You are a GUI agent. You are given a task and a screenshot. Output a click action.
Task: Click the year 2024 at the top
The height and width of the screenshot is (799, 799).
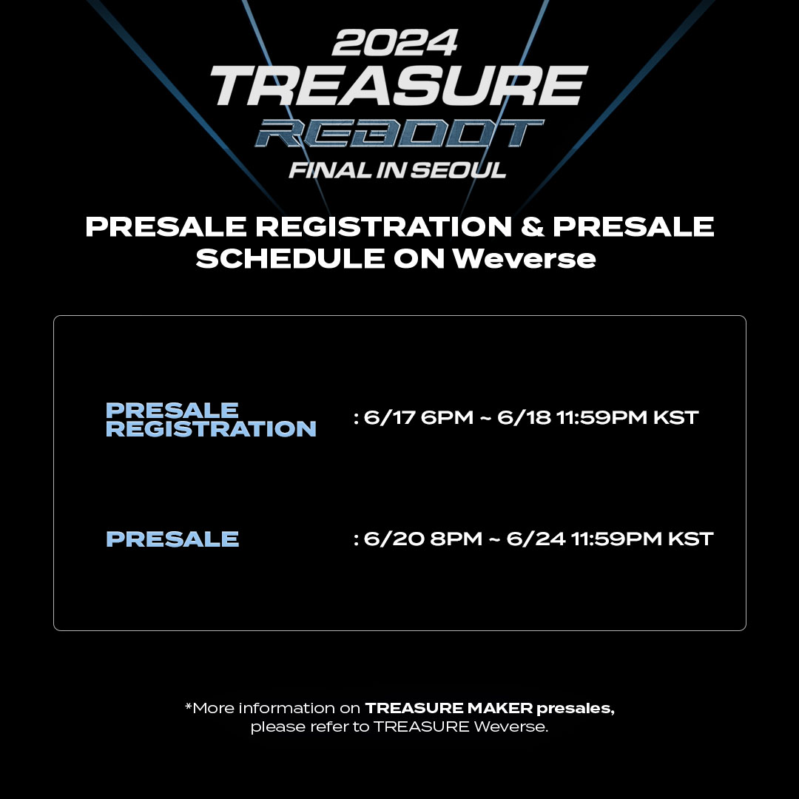click(x=395, y=42)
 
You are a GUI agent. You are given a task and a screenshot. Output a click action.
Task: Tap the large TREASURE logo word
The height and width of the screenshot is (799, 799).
click(x=399, y=86)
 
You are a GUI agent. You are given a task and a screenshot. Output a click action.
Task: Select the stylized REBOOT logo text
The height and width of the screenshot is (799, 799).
click(x=399, y=133)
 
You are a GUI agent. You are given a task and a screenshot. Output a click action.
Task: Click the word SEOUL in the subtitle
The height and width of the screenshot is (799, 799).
click(x=458, y=170)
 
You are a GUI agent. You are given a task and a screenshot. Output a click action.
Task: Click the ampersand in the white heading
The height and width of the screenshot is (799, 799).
click(x=532, y=227)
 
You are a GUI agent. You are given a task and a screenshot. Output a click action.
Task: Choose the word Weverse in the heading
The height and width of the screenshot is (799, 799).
click(x=525, y=258)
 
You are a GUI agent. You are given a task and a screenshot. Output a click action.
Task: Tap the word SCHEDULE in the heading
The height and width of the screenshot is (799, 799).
click(x=291, y=258)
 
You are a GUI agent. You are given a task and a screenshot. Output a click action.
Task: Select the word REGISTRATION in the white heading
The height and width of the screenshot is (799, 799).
click(x=384, y=227)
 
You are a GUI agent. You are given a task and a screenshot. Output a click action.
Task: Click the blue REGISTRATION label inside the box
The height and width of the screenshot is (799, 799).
click(x=211, y=428)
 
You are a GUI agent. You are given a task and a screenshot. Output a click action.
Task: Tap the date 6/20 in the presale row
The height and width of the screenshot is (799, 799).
click(x=394, y=539)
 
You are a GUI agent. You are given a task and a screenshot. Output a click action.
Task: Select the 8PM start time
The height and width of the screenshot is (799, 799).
click(x=456, y=539)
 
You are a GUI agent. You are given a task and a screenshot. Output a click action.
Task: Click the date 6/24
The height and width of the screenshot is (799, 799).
click(x=536, y=539)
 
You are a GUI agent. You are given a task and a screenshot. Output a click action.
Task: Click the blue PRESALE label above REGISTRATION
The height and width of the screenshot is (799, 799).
click(x=172, y=410)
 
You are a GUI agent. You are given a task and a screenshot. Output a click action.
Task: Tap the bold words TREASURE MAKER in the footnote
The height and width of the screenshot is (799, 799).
click(x=449, y=708)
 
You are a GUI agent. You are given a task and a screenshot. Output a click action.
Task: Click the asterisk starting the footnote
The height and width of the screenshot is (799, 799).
click(x=188, y=706)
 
